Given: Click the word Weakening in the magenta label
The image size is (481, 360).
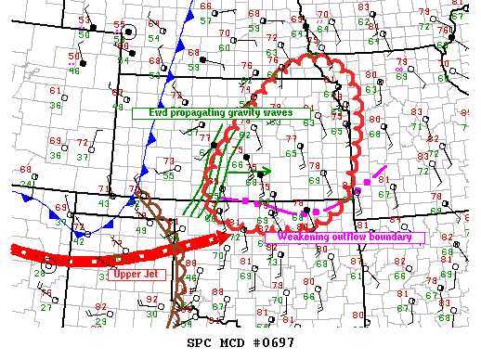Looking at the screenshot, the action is (294, 238).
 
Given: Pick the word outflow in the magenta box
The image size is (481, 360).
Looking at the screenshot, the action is (344, 238).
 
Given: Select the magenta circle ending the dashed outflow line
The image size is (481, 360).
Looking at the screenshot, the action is (357, 191).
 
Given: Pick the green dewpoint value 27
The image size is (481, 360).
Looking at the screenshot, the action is (45, 307).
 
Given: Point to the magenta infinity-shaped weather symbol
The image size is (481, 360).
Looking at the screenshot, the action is (400, 68).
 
